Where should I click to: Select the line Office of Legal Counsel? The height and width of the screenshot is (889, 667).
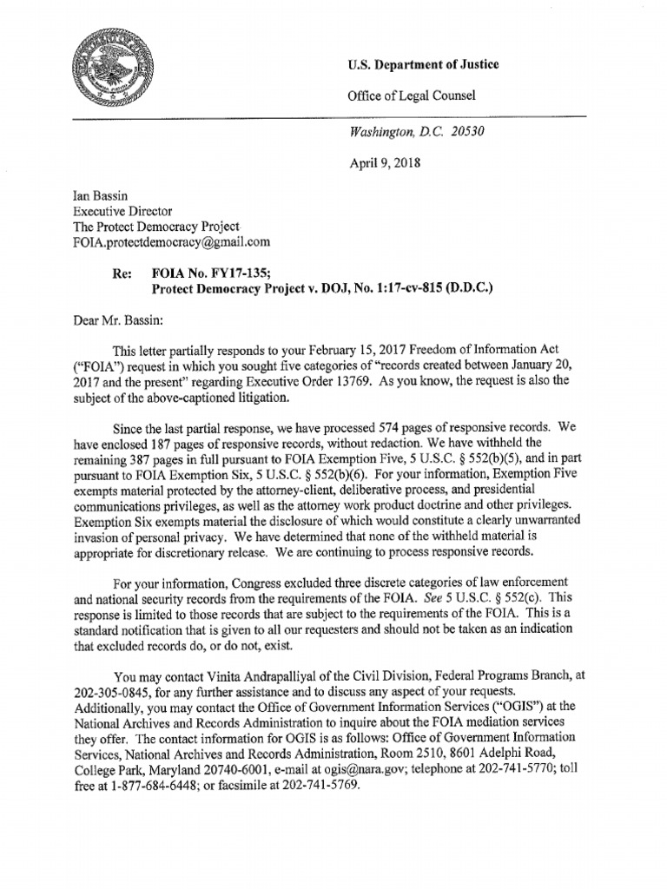click(412, 95)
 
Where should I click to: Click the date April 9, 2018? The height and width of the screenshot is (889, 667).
click(384, 163)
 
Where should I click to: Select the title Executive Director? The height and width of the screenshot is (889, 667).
click(122, 211)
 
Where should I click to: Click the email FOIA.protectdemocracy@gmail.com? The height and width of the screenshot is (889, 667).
click(171, 242)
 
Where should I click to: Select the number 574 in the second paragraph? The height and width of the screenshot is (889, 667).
click(392, 429)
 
